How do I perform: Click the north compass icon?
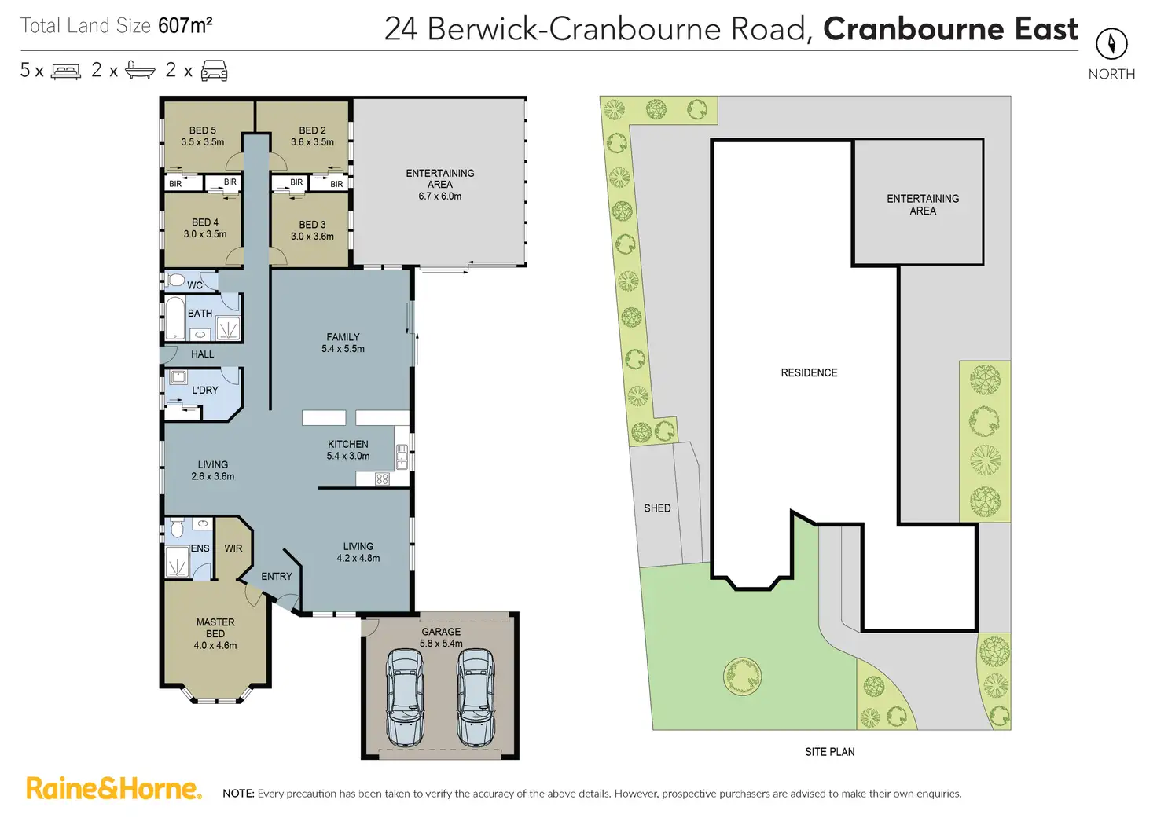[1111, 43]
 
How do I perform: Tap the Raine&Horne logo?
[114, 788]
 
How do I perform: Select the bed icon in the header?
[66, 72]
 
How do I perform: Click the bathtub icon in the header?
[140, 71]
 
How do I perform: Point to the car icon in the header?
[214, 71]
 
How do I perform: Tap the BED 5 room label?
[202, 130]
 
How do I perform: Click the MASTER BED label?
[215, 628]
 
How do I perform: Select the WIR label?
[233, 548]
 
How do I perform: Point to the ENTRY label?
[277, 577]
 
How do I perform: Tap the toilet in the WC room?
[176, 281]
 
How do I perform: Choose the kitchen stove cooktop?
[383, 479]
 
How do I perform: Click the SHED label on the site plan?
[657, 508]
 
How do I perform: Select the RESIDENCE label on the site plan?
[809, 372]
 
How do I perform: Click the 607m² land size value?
[185, 26]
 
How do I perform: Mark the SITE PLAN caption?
[829, 752]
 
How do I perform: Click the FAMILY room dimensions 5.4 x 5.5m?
[343, 349]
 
